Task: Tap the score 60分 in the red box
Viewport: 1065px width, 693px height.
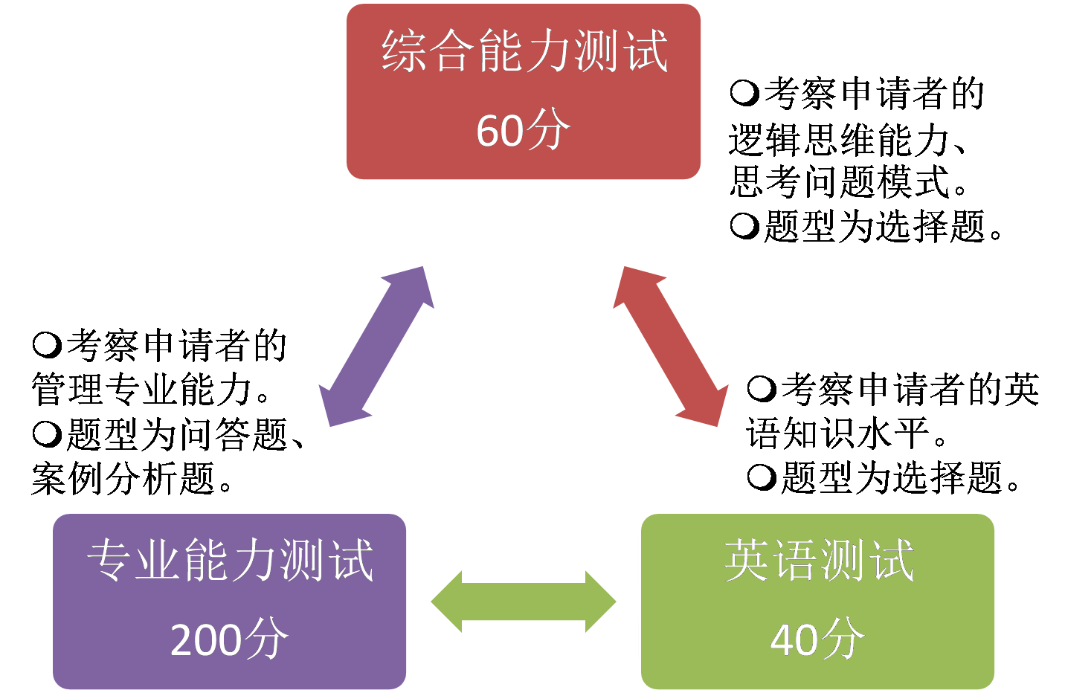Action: (x=523, y=130)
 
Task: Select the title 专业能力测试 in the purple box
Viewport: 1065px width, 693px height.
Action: (x=230, y=559)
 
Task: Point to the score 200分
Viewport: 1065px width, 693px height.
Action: (x=229, y=639)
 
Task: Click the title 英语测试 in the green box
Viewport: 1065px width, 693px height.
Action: (x=818, y=559)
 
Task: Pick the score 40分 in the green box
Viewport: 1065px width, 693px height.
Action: (x=817, y=639)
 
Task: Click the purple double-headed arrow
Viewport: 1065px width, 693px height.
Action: (x=376, y=346)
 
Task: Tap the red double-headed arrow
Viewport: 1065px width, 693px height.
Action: (x=670, y=346)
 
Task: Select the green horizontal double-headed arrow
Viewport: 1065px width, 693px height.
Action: (x=524, y=602)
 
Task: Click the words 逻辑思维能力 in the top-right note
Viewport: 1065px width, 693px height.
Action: (x=839, y=139)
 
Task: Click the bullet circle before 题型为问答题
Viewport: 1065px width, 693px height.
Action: (x=47, y=434)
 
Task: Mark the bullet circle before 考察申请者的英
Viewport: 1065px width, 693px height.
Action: (x=762, y=389)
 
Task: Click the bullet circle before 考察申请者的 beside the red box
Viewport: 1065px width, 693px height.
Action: (x=744, y=94)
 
